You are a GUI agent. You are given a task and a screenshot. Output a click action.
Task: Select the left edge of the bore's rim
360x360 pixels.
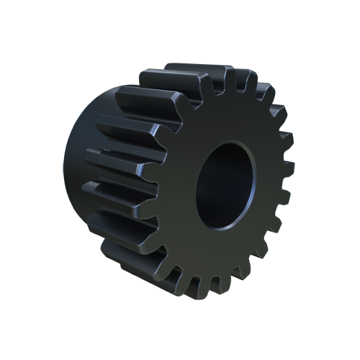pos(196,186)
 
